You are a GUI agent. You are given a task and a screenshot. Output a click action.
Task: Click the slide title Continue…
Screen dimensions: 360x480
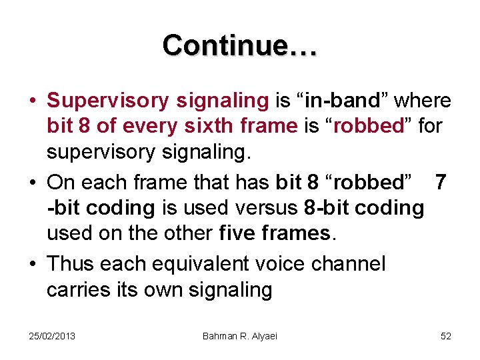coord(240,45)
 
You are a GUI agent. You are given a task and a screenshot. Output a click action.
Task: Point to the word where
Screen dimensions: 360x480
coord(423,101)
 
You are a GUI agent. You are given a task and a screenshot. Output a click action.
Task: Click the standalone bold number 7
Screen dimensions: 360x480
coord(440,181)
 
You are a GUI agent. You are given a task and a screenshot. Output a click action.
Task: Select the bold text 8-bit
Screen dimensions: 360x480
coord(327,207)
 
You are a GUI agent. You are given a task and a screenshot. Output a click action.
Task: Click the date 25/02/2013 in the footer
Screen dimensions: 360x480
coord(52,336)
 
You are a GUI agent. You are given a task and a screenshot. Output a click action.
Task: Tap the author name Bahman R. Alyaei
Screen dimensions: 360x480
coord(239,336)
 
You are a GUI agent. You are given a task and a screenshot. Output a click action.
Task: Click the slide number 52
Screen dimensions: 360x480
coord(446,336)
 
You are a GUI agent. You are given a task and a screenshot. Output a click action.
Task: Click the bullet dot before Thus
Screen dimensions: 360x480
coord(32,264)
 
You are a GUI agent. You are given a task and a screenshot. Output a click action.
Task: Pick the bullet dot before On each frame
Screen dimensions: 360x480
coord(32,182)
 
